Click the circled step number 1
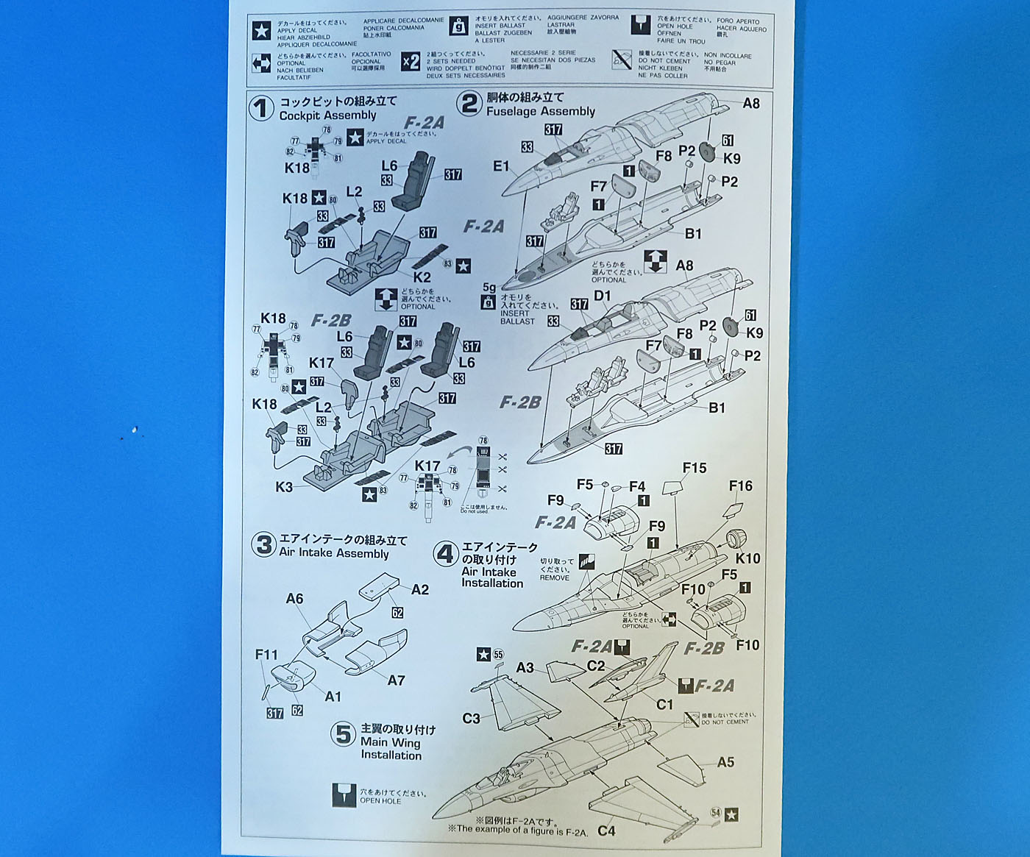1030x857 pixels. click(x=260, y=109)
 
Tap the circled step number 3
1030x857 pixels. click(x=263, y=546)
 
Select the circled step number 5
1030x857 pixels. click(x=343, y=734)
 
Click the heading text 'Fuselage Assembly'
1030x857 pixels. click(x=540, y=111)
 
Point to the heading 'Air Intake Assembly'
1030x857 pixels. click(x=333, y=553)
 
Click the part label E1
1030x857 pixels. click(x=500, y=166)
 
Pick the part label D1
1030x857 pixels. click(x=603, y=296)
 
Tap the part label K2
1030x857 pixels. click(x=422, y=277)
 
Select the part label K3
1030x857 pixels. click(x=284, y=487)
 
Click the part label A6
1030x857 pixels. click(x=294, y=599)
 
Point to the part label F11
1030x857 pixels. click(x=266, y=654)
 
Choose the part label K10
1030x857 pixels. click(x=747, y=558)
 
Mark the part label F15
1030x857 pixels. click(x=694, y=468)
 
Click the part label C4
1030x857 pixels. click(x=606, y=831)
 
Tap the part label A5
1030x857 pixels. click(x=725, y=762)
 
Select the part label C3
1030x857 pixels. click(x=471, y=718)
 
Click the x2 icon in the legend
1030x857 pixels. click(x=411, y=62)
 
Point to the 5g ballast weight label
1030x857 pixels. click(x=489, y=288)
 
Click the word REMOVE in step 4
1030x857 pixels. click(x=554, y=577)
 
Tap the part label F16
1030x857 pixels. click(x=740, y=486)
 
